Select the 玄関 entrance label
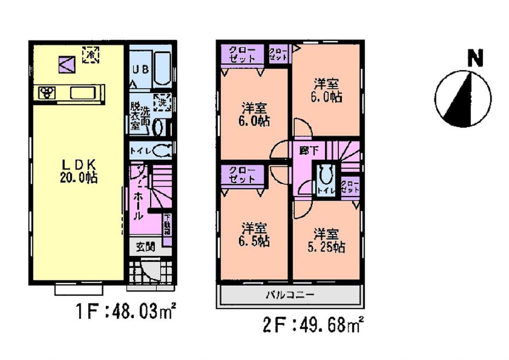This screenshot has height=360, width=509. [146, 247]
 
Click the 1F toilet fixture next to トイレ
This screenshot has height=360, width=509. [163, 151]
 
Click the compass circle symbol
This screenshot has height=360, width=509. [463, 98]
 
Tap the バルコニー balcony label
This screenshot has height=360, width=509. [291, 294]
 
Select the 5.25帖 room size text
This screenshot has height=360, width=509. [327, 247]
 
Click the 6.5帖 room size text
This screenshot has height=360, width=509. [255, 240]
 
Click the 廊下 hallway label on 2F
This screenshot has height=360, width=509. [305, 151]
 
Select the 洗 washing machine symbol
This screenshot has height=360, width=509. [162, 101]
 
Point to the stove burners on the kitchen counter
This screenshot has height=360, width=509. [48, 93]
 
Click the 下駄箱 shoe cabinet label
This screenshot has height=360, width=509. [166, 225]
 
